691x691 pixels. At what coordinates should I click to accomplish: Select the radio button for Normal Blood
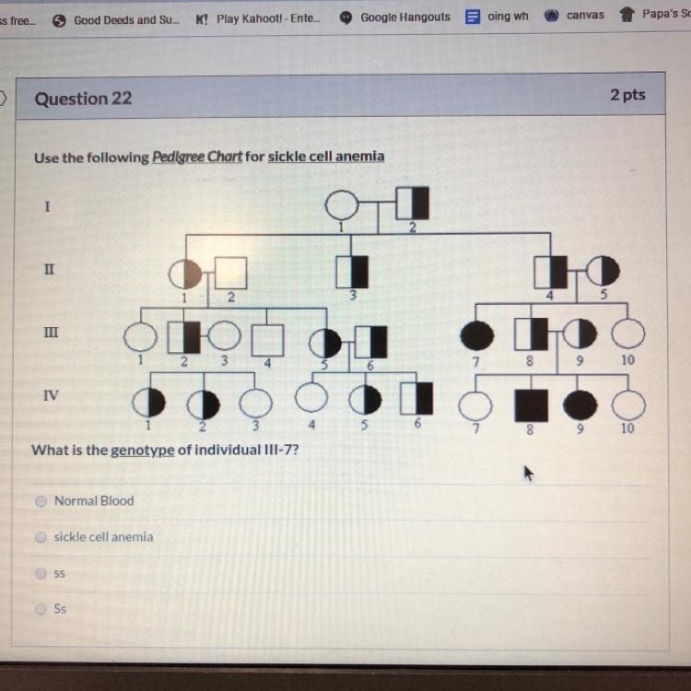pyautogui.click(x=41, y=501)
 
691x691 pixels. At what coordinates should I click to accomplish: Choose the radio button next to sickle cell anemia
pyautogui.click(x=41, y=537)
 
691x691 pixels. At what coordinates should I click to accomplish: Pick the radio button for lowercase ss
pyautogui.click(x=41, y=573)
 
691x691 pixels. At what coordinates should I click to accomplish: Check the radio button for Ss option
pyautogui.click(x=41, y=609)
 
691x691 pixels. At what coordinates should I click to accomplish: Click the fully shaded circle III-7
pyautogui.click(x=477, y=335)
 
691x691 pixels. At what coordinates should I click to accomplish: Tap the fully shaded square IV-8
pyautogui.click(x=532, y=405)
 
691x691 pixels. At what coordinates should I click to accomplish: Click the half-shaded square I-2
pyautogui.click(x=413, y=204)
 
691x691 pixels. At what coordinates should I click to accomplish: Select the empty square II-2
pyautogui.click(x=231, y=274)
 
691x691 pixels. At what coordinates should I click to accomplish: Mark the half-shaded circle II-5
pyautogui.click(x=603, y=271)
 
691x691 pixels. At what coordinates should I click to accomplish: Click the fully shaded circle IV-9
pyautogui.click(x=580, y=405)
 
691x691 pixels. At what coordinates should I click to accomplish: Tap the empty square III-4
pyautogui.click(x=267, y=340)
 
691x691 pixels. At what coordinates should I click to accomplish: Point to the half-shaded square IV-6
pyautogui.click(x=416, y=398)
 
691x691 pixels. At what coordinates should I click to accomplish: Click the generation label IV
pyautogui.click(x=51, y=395)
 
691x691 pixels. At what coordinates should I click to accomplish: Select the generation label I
pyautogui.click(x=47, y=206)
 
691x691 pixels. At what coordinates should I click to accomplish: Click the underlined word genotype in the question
pyautogui.click(x=142, y=451)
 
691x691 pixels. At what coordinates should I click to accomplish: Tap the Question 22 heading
pyautogui.click(x=83, y=99)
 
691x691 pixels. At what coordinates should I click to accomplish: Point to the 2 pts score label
pyautogui.click(x=627, y=95)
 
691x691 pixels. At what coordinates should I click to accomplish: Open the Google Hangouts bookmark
pyautogui.click(x=395, y=18)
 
